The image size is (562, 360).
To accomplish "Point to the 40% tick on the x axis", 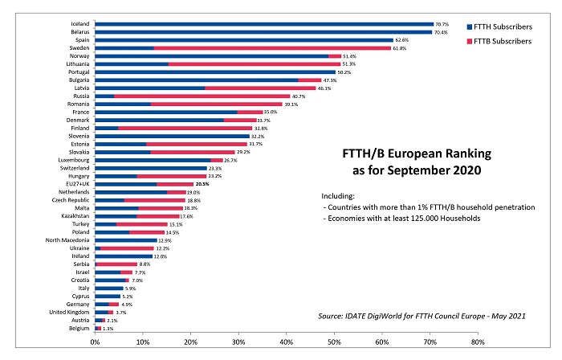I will pyautogui.click(x=286, y=342).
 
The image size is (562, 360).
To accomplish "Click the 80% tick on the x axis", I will pyautogui.click(x=477, y=342).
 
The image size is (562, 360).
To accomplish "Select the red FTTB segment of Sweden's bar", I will pyautogui.click(x=272, y=48).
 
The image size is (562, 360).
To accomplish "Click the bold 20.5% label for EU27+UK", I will pyautogui.click(x=202, y=184).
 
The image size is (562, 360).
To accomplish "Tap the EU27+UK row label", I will pyautogui.click(x=78, y=184).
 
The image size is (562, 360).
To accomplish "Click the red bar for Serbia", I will pyautogui.click(x=116, y=264).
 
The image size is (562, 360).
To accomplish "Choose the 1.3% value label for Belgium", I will pyautogui.click(x=108, y=328).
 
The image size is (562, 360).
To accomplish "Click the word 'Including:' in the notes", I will pyautogui.click(x=336, y=196).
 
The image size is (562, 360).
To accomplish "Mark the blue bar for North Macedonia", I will pyautogui.click(x=126, y=239).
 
